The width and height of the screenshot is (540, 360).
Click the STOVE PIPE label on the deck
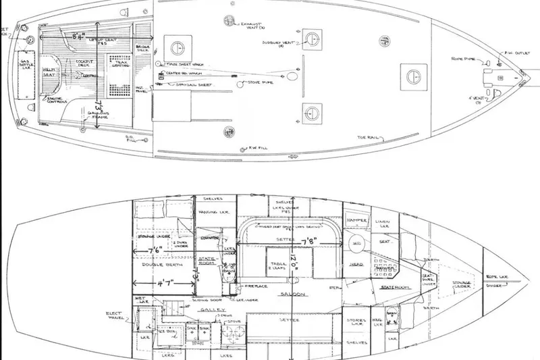point(253,85)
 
